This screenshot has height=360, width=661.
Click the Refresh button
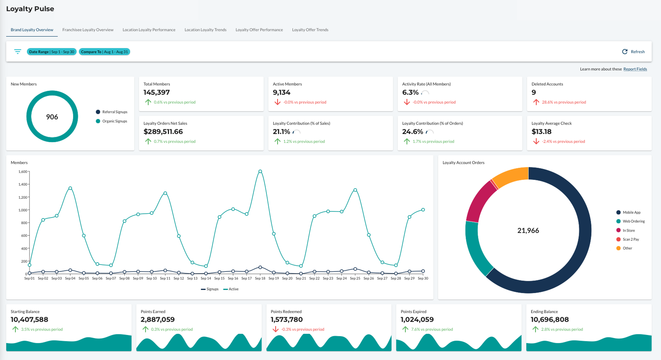coord(633,52)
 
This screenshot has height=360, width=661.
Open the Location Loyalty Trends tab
coord(205,30)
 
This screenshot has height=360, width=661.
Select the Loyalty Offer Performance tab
coord(259,30)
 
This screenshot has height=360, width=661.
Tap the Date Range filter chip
coord(52,52)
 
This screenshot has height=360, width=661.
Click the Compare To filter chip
coord(104,52)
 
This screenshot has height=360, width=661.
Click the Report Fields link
coord(635,69)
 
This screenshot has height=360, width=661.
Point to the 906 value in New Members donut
coord(52,117)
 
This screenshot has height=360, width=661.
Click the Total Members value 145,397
coord(157,92)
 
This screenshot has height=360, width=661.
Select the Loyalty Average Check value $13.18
coord(542,132)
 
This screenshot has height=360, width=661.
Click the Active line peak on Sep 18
coord(260,171)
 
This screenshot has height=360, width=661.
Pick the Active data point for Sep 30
coord(423,210)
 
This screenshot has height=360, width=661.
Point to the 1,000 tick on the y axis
coord(23,210)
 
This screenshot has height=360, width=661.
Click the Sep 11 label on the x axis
coord(165,278)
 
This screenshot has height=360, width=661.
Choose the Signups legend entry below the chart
coord(210,289)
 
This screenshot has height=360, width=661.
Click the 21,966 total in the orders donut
coord(528,231)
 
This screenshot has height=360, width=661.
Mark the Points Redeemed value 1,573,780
coord(287,320)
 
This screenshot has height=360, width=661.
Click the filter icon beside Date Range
coord(18,52)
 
